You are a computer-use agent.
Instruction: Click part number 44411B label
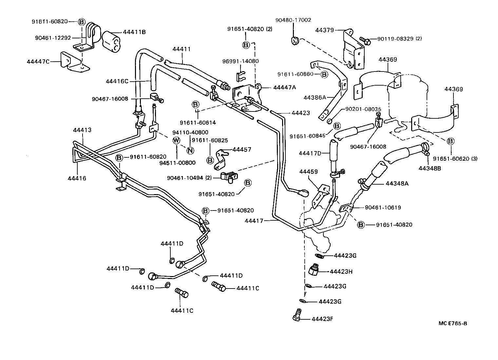(134, 32)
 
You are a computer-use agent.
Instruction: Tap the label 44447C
(38, 61)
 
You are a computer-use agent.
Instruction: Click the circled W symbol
(176, 140)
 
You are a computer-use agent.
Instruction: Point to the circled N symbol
(190, 150)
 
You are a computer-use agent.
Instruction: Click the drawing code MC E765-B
(452, 323)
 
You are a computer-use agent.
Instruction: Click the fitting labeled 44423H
(314, 270)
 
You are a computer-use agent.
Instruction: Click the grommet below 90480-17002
(295, 41)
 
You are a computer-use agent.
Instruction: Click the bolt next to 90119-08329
(365, 41)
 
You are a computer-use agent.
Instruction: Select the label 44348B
(430, 168)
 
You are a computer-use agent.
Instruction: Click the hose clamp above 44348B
(426, 149)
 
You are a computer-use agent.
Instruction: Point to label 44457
(242, 150)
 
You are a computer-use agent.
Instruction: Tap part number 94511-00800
(180, 163)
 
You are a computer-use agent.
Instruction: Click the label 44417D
(310, 153)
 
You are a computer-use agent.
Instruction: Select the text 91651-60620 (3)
(455, 159)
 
